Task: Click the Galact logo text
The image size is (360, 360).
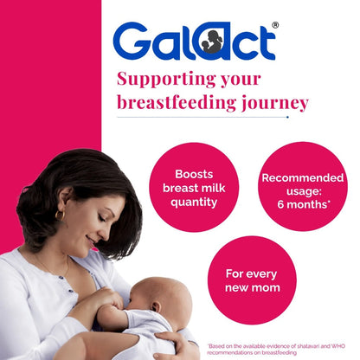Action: (x=194, y=42)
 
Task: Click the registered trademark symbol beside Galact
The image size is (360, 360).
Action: (x=275, y=25)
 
